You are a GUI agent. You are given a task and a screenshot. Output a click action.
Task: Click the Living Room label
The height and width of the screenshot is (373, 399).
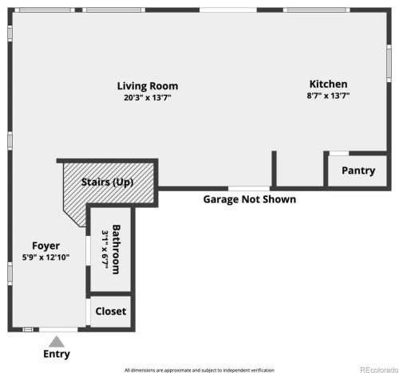pos(148,86)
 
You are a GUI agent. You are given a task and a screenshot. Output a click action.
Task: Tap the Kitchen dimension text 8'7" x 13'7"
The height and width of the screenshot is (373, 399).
pos(328,96)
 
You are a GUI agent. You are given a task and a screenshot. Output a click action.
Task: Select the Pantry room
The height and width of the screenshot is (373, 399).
pos(358,171)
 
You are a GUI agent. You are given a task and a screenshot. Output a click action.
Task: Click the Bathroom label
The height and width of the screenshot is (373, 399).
pos(117,249)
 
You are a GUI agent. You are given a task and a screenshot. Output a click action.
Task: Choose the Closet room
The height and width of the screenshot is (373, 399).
pos(111,312)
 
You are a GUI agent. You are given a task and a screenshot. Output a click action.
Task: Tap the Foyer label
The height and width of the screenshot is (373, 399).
pos(45,246)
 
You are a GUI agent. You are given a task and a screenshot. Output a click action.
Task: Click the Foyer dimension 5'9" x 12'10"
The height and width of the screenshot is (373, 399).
pos(45,257)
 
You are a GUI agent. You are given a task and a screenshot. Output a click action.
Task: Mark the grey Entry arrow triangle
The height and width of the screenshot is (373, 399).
pos(57,342)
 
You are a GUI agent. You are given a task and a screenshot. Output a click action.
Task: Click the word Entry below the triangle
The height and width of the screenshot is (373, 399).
pos(57,354)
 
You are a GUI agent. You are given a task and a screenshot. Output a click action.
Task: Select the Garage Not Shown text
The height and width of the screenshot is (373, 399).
pos(250,199)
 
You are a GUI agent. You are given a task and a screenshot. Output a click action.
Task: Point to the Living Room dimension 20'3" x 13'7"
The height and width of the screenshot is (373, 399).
pos(148,98)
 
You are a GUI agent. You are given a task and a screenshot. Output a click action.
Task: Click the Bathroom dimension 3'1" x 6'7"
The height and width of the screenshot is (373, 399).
pos(105,249)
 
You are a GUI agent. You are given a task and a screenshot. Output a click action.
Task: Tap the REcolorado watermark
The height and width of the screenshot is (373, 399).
pos(379,370)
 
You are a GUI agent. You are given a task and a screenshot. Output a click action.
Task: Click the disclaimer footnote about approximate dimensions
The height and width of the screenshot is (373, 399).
pos(199,370)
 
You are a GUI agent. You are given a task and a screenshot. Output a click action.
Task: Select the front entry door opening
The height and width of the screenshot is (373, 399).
pos(58,330)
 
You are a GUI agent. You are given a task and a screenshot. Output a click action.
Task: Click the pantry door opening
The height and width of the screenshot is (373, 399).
pos(339,153)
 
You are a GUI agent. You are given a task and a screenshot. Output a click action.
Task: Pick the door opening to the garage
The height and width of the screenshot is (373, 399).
pos(249,189)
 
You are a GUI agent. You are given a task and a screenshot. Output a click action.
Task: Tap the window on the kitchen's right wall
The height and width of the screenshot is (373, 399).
pos(389,63)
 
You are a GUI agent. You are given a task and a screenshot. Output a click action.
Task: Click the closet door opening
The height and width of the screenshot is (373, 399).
pos(88,312)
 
